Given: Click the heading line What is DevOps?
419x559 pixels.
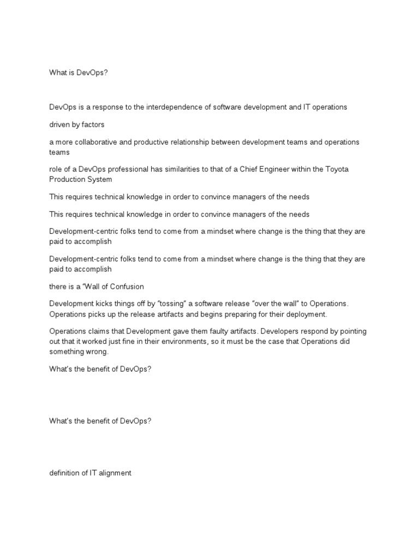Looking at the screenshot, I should (x=79, y=72).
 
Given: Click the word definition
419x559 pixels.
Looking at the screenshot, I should (x=64, y=473).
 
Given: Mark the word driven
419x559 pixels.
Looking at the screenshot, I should (x=59, y=124).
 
